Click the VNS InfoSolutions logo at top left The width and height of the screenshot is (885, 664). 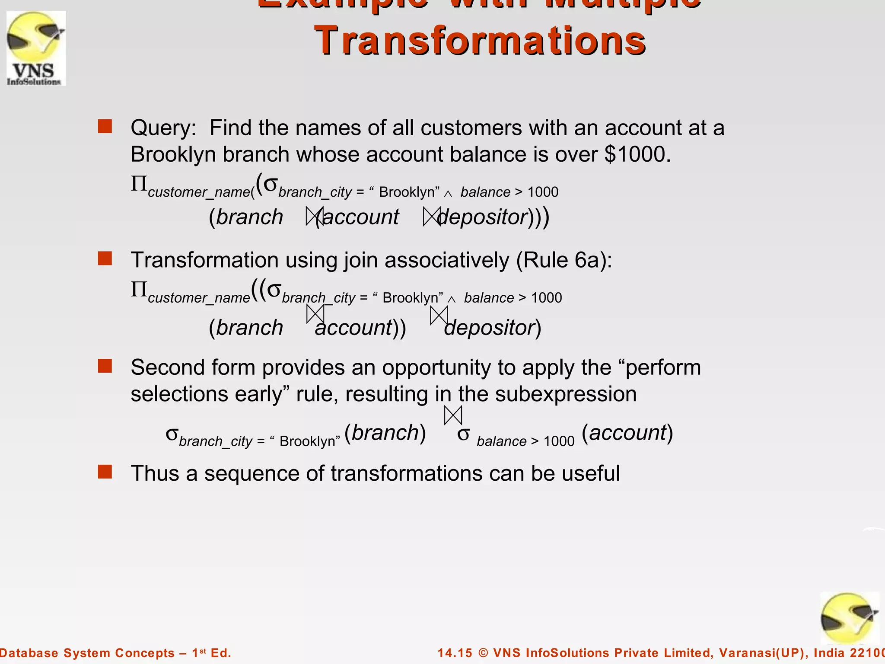36,48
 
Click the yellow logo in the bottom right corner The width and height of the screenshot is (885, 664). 849,618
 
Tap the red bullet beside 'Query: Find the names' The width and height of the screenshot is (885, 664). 105,126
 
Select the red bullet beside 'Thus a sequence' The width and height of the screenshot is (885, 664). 105,472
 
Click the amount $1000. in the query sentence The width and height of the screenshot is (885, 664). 638,154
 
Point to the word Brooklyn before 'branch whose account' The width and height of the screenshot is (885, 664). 173,154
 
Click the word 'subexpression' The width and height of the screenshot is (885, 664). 566,394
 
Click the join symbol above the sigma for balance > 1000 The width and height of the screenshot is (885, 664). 453,415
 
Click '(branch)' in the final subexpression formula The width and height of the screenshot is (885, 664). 385,433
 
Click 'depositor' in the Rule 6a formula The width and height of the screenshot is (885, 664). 490,328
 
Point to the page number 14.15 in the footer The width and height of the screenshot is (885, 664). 455,653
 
